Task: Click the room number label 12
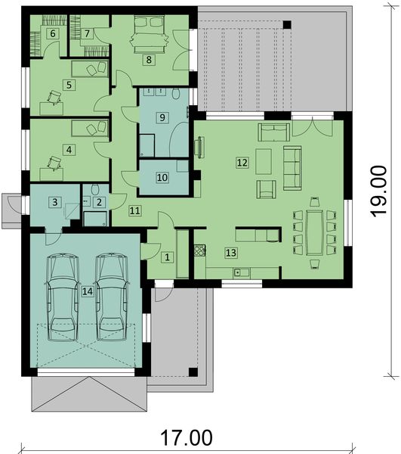(x=242, y=162)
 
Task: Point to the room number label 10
(x=162, y=178)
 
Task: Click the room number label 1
(x=168, y=257)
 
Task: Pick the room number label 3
(x=55, y=202)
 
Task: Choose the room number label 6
(x=53, y=33)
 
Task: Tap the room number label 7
(x=87, y=33)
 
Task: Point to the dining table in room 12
(x=313, y=234)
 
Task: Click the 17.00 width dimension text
(x=186, y=438)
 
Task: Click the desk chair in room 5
(x=54, y=96)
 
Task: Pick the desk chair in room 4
(x=54, y=160)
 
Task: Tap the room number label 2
(x=99, y=202)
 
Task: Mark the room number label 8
(x=149, y=58)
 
